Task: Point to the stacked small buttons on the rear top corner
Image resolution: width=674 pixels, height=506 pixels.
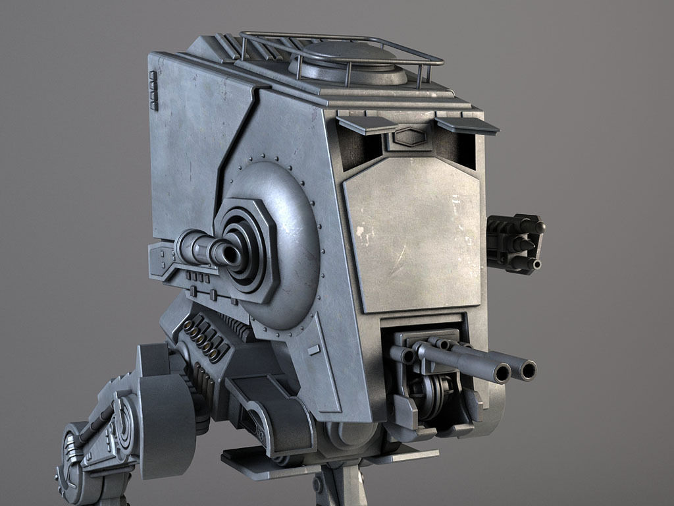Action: tap(153, 90)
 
